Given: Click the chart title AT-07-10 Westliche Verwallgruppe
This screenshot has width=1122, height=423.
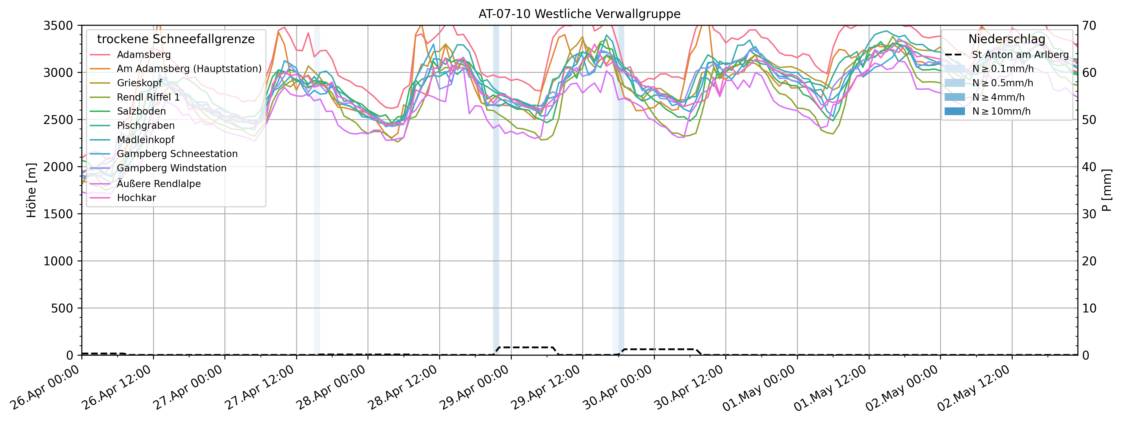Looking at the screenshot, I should click(579, 14).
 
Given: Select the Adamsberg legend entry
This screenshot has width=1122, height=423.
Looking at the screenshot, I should click(144, 55).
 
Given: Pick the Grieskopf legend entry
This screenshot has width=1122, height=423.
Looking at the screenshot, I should click(139, 83).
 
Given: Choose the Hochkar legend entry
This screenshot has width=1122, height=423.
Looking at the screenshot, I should click(136, 198).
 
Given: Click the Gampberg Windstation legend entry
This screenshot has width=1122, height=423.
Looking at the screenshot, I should click(172, 168).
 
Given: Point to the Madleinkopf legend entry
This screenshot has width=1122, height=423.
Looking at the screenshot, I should click(145, 140).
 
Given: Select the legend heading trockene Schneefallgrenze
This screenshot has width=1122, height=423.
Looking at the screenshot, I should click(176, 39).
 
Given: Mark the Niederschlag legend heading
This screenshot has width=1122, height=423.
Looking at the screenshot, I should click(1007, 39).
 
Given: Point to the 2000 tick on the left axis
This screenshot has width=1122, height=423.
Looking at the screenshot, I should click(58, 167).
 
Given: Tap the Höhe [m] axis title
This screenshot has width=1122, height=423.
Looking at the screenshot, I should click(31, 191).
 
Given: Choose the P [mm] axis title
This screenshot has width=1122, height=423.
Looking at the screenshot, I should click(1107, 191).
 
